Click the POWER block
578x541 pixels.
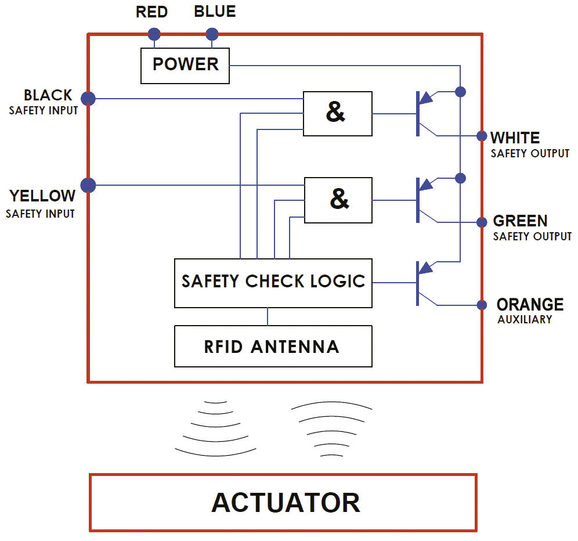(x=185, y=65)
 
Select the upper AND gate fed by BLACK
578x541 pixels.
(x=338, y=114)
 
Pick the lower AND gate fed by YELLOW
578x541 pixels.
(x=339, y=200)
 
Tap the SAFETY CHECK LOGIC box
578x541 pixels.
(x=273, y=283)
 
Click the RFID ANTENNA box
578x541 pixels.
(x=273, y=347)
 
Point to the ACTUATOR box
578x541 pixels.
(x=283, y=503)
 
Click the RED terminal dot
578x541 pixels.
(x=154, y=33)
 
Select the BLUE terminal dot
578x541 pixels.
(x=212, y=34)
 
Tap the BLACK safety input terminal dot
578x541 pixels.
(x=88, y=99)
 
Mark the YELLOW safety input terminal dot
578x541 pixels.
(x=88, y=185)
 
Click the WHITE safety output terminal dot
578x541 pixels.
(x=482, y=136)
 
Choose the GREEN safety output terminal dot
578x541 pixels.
(x=482, y=222)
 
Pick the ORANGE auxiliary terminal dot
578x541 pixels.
(x=482, y=305)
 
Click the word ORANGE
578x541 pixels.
(x=530, y=305)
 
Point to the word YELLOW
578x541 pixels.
(x=42, y=196)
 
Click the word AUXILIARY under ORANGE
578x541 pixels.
(x=525, y=320)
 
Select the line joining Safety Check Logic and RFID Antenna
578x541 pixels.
(x=268, y=316)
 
